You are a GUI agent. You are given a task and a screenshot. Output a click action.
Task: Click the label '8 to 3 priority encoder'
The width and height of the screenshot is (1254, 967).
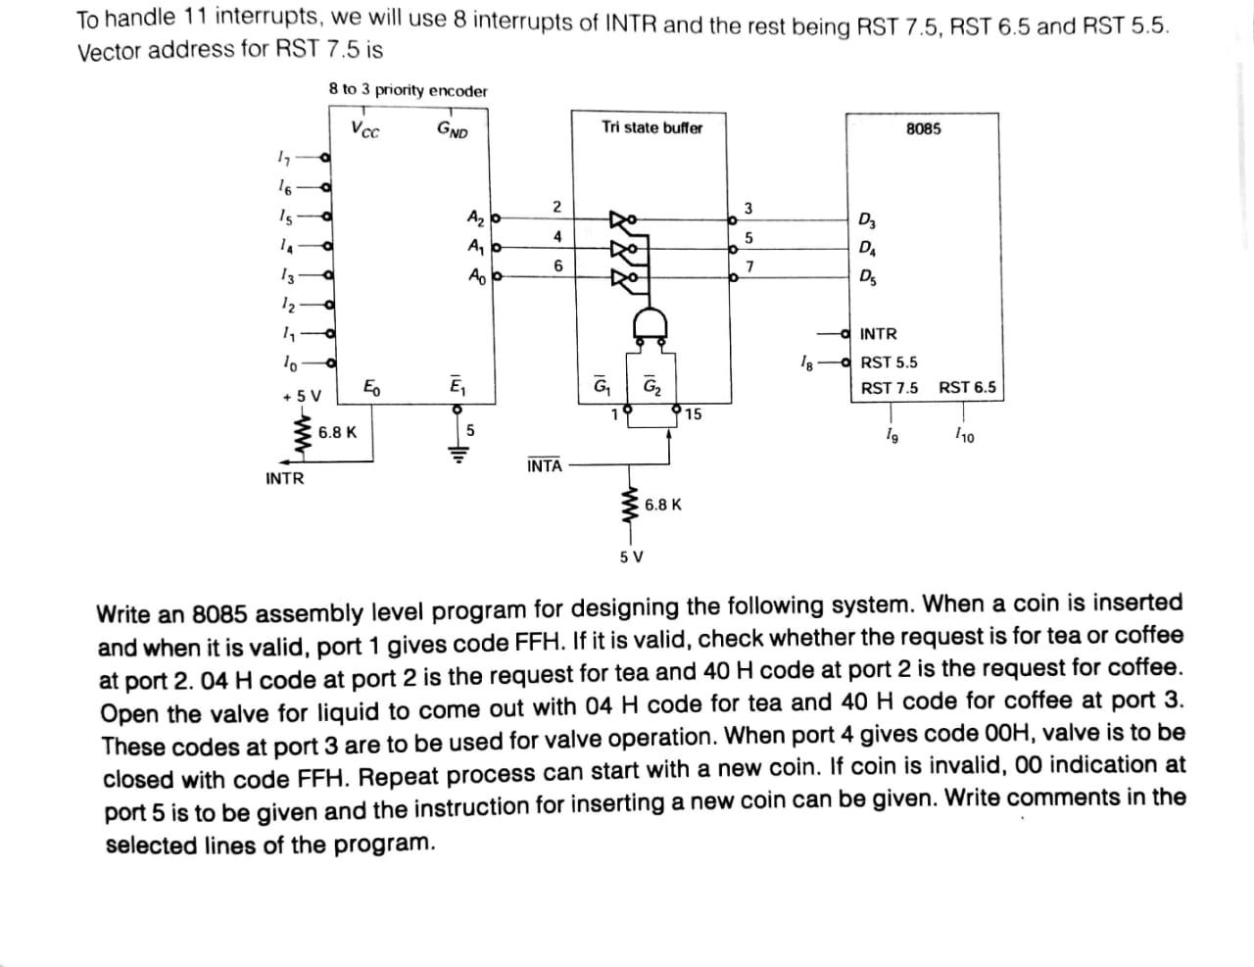[408, 90]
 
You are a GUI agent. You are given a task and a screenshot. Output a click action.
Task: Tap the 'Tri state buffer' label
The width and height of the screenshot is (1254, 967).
[651, 127]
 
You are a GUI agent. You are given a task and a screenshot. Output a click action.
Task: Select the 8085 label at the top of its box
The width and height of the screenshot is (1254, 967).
[923, 129]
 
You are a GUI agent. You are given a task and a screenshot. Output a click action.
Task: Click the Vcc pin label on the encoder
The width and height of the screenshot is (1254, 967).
[365, 129]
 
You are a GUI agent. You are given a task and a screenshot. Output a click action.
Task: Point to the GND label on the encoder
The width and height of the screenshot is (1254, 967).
[453, 129]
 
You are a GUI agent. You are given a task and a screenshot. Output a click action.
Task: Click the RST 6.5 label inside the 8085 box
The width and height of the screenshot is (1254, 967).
[967, 388]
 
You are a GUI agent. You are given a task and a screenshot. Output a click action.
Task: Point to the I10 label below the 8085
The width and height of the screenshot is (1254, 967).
[964, 435]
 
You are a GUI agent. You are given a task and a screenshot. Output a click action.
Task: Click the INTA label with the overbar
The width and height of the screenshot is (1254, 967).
[544, 465]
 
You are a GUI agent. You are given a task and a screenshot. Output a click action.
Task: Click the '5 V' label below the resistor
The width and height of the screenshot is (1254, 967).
[632, 556]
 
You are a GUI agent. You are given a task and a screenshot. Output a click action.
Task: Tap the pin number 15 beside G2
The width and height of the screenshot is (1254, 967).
[694, 414]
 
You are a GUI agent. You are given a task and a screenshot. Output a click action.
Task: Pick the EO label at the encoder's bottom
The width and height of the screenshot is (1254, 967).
[372, 386]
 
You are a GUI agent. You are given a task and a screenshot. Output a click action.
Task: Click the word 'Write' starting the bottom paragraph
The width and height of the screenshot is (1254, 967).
[122, 614]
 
